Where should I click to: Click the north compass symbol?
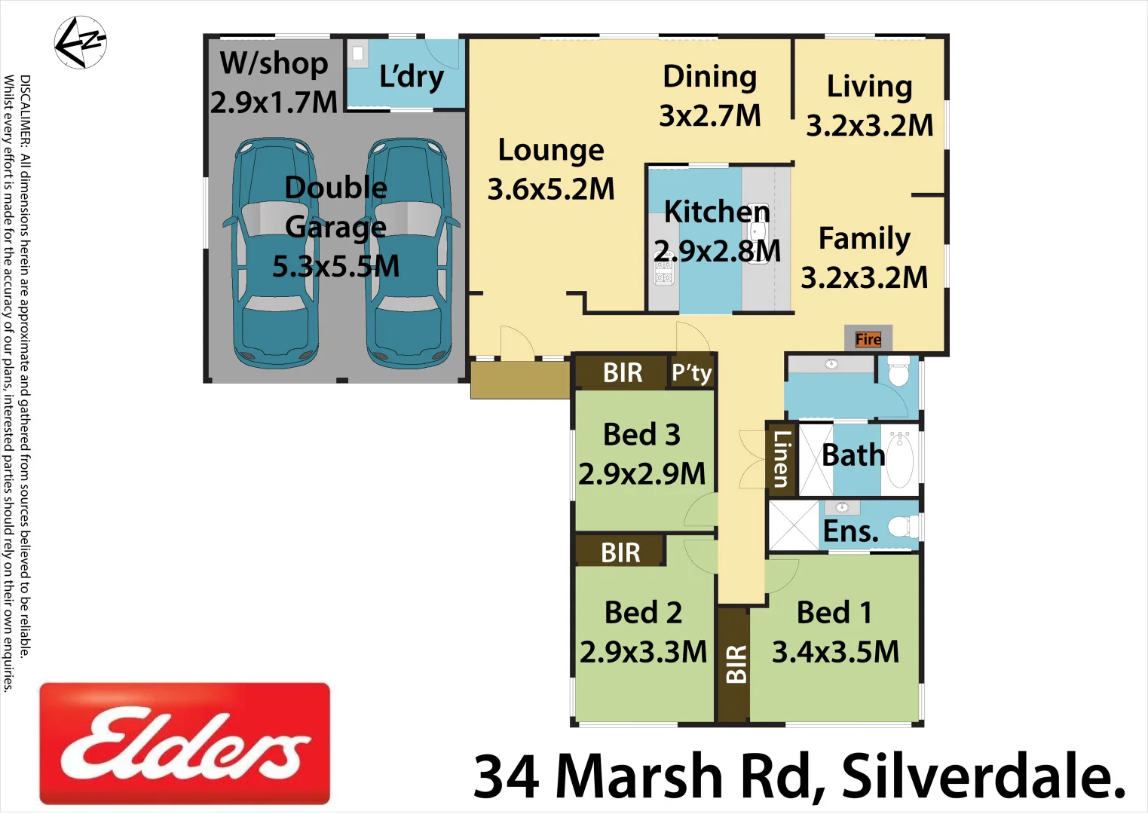click(x=81, y=42)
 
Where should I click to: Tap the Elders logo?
click(x=185, y=743)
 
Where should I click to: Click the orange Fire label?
click(x=868, y=339)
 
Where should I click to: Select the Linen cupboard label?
click(x=780, y=458)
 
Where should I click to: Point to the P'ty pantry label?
click(x=691, y=372)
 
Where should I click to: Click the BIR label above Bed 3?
click(x=623, y=372)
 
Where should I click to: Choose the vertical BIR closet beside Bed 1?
click(x=734, y=663)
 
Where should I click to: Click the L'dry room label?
click(x=411, y=77)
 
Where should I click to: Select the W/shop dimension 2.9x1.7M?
click(x=274, y=103)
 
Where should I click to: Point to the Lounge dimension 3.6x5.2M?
click(x=551, y=189)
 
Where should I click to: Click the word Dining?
click(x=709, y=77)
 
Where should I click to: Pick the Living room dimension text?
click(x=870, y=125)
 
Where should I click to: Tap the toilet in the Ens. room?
click(x=902, y=525)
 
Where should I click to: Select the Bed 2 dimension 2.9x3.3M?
click(x=643, y=652)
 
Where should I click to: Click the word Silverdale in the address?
click(x=983, y=776)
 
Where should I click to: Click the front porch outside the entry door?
click(x=519, y=380)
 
